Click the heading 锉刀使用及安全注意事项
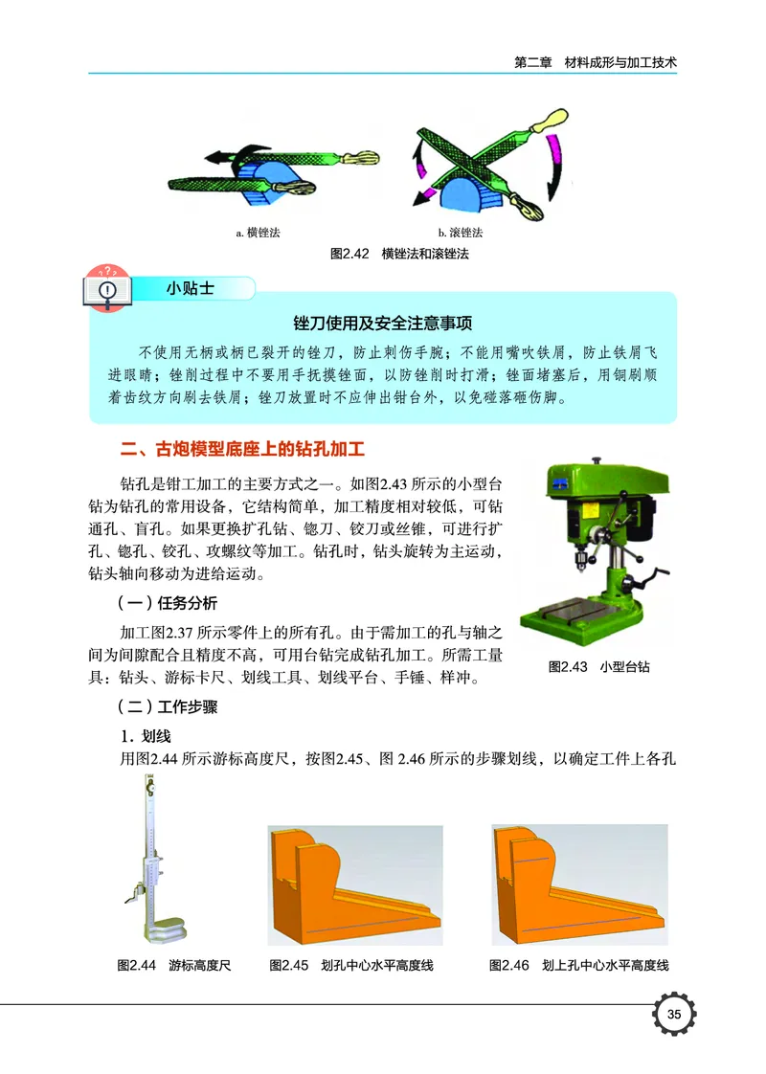[383, 323]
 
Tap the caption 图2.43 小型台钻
[598, 666]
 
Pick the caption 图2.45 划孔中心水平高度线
[351, 965]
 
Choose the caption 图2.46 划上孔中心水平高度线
[578, 965]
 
